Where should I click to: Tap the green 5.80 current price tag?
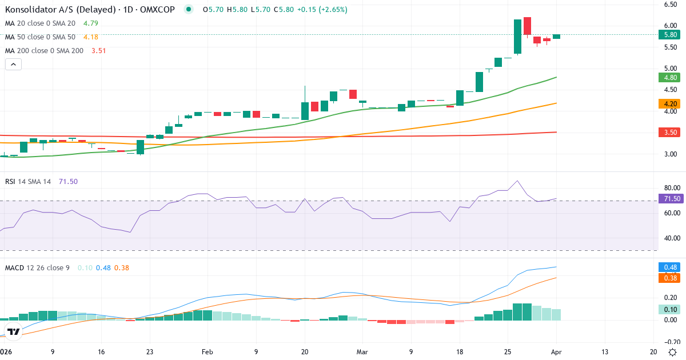click(x=670, y=34)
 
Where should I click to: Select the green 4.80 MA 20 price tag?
click(x=670, y=78)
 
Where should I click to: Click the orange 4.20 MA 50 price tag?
click(x=670, y=104)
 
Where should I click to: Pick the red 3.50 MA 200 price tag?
click(x=670, y=133)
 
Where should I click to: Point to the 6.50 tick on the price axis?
click(x=670, y=5)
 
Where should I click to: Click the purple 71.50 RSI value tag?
click(x=670, y=199)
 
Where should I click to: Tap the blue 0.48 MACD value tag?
click(x=670, y=267)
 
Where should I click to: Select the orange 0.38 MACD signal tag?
click(x=670, y=278)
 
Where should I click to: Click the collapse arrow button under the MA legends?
click(x=13, y=64)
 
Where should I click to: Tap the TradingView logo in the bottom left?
click(x=14, y=331)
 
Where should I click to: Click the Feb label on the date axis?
click(x=208, y=352)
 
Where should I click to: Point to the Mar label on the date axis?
click(x=362, y=352)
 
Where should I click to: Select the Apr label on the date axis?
click(x=556, y=352)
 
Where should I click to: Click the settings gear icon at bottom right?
click(x=673, y=352)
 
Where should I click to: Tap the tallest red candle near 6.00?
click(x=527, y=26)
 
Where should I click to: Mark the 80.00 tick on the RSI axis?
click(x=670, y=187)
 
